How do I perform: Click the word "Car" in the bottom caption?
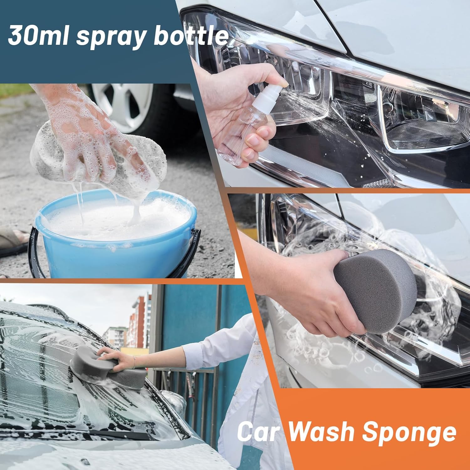258,432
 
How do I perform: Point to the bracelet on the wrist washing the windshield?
134,362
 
